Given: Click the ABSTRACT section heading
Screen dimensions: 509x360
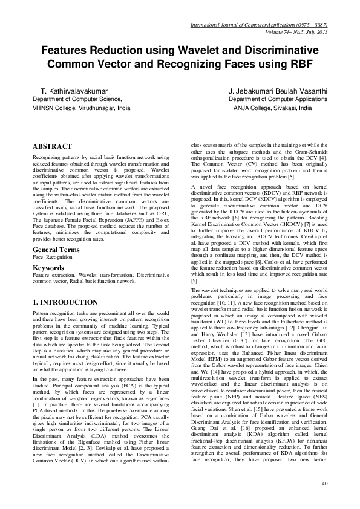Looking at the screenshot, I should click(x=52, y=146).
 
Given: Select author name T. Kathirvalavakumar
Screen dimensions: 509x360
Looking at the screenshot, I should click(x=68, y=90).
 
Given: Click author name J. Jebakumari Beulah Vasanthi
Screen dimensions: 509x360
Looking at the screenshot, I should click(x=278, y=90).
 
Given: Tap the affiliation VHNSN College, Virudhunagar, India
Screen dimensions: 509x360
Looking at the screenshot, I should click(x=81, y=108).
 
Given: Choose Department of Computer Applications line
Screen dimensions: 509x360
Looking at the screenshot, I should click(x=278, y=98).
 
